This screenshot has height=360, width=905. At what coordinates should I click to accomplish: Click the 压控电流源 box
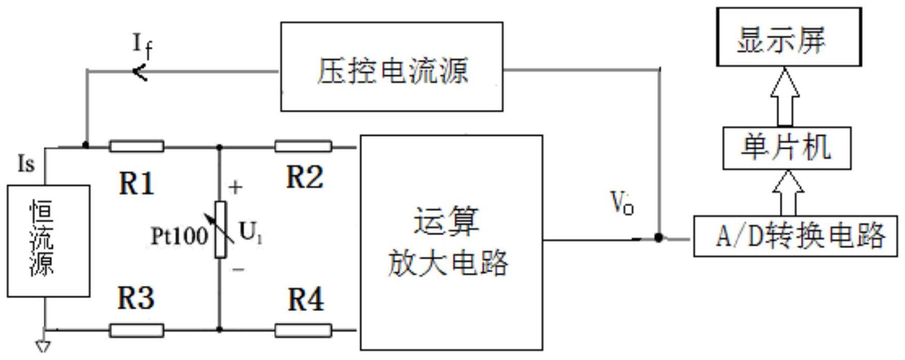coord(391,67)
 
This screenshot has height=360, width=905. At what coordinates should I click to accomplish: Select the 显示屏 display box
coord(788,37)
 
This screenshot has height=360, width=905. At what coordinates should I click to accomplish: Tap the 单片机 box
coord(786,149)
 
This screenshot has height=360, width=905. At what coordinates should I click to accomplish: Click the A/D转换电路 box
coord(796,237)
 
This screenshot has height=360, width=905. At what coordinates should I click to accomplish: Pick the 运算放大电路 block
coord(451,242)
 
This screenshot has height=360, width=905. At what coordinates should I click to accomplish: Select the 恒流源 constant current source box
coord(48,241)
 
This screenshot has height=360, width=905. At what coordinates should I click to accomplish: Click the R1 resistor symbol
coord(137,146)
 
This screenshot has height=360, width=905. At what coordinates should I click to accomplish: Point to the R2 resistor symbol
coord(303,146)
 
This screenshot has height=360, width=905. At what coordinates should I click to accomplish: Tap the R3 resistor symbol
coord(137,330)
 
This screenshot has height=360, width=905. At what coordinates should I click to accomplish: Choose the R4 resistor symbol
coord(303,330)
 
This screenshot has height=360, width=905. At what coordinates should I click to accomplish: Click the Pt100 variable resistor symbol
coord(221,230)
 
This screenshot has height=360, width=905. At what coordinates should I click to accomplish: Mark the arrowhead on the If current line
coord(140,72)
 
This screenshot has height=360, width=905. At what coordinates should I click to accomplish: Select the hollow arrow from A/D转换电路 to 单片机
coord(788,193)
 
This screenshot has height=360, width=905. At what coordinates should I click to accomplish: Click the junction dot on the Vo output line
coord(659,237)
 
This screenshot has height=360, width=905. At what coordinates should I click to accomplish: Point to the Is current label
coord(26,164)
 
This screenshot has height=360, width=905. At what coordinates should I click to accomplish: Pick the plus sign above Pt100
coord(235,188)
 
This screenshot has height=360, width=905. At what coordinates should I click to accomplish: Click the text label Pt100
coord(179,236)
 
